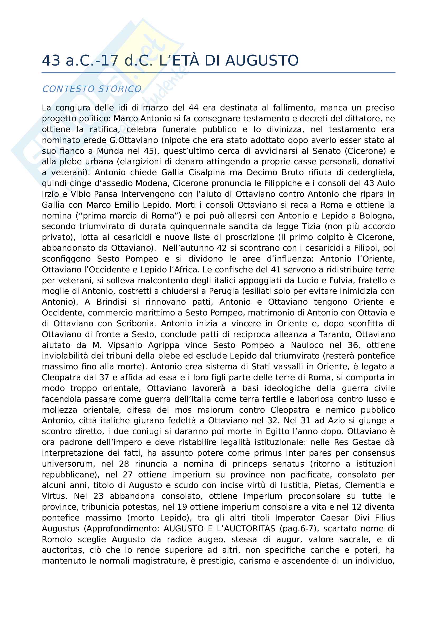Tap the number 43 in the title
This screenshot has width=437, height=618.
tap(51, 61)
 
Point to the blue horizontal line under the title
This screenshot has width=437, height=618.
tap(218, 72)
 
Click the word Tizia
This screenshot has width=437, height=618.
tap(311, 227)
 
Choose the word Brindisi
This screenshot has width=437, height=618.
tap(112, 302)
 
